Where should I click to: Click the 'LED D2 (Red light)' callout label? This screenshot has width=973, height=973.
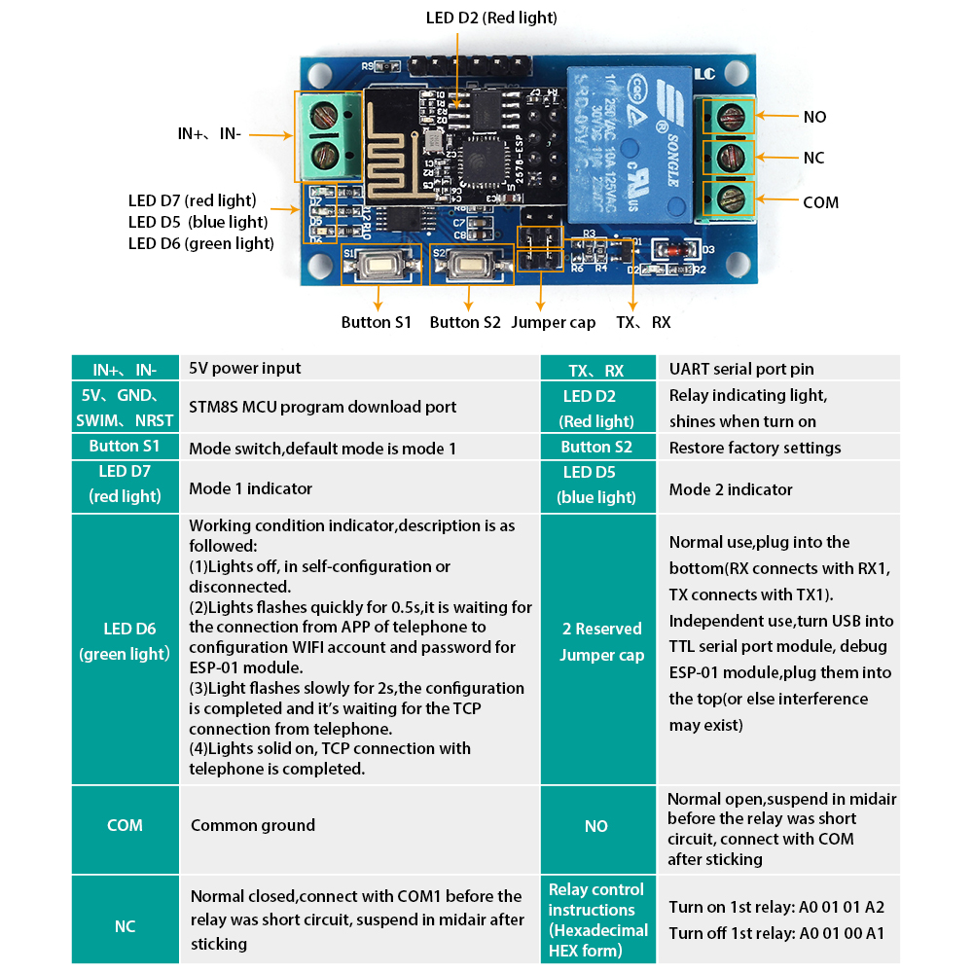coord(490,18)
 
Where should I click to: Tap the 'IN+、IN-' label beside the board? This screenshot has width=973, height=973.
coord(209,133)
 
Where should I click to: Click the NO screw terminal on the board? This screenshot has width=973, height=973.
coord(729,116)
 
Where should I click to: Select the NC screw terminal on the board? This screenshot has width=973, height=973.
coord(729,157)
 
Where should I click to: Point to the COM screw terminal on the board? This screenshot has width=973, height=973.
coord(729,198)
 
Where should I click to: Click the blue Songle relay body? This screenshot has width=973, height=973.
coord(630,145)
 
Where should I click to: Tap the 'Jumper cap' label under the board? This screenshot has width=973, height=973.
coord(553,323)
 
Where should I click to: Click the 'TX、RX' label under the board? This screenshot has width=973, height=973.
coord(643,322)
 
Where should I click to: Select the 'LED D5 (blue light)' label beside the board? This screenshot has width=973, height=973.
coord(198,222)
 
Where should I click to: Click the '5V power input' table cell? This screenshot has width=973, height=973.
coord(360,368)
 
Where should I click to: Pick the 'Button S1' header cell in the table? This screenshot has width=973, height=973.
coord(125,447)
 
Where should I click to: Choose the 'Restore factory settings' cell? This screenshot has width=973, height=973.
coord(778,448)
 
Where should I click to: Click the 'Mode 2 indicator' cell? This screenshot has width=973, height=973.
coord(778,489)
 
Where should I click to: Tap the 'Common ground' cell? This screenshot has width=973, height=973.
coord(360,825)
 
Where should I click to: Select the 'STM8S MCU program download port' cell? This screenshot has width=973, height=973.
coord(360,407)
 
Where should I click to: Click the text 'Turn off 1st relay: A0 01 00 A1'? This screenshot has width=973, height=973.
coord(776,933)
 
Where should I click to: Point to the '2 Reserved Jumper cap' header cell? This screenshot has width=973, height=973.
coord(598,649)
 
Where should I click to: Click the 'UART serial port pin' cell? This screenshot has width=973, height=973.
coord(778,369)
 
